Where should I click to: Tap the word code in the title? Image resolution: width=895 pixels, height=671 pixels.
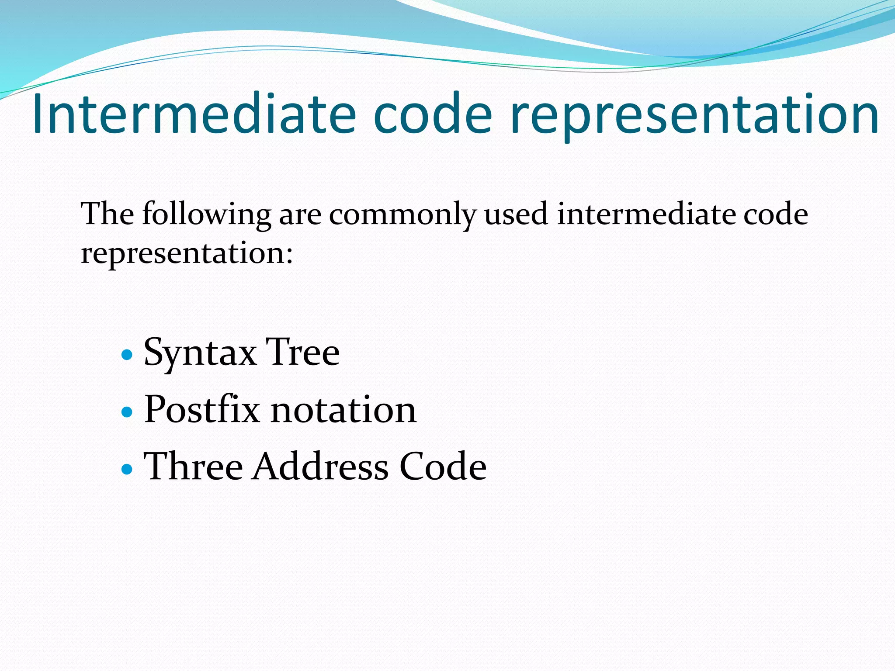click(433, 114)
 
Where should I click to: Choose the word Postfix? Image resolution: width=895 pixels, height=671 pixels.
click(201, 409)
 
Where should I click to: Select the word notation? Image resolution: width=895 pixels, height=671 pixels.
click(343, 410)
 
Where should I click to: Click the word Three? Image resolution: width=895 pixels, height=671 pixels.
click(193, 467)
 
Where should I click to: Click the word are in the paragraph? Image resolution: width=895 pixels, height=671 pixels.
click(300, 215)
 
